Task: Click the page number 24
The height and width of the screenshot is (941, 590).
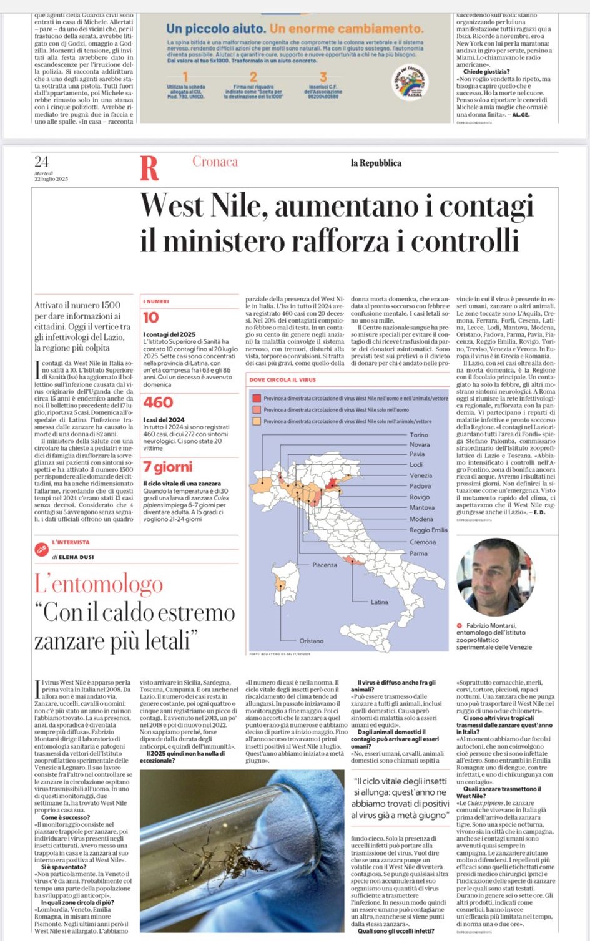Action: pyautogui.click(x=41, y=162)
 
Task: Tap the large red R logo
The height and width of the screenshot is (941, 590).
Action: pyautogui.click(x=149, y=168)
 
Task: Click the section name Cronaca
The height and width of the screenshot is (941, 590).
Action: pyautogui.click(x=215, y=162)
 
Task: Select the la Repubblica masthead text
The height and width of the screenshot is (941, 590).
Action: pyautogui.click(x=376, y=163)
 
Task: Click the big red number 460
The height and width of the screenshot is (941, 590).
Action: pyautogui.click(x=158, y=402)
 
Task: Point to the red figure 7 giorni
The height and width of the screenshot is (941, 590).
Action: pyautogui.click(x=167, y=467)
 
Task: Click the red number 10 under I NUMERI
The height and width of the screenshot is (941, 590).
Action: pyautogui.click(x=151, y=318)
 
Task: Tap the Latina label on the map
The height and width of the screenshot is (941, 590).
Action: pyautogui.click(x=379, y=602)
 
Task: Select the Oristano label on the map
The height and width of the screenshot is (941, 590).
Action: pyautogui.click(x=311, y=641)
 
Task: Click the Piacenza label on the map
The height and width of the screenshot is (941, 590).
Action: pyautogui.click(x=325, y=565)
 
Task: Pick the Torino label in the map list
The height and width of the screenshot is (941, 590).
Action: pyautogui.click(x=419, y=435)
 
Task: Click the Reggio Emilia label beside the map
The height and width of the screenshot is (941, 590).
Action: pyautogui.click(x=428, y=530)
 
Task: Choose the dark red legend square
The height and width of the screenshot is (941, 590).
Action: pyautogui.click(x=256, y=398)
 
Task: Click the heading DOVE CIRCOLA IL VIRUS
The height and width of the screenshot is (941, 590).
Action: pyautogui.click(x=282, y=379)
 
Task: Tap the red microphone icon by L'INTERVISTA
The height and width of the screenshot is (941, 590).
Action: pyautogui.click(x=42, y=549)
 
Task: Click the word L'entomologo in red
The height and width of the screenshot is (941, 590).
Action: pyautogui.click(x=99, y=584)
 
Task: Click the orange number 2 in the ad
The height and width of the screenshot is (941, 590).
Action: pyautogui.click(x=253, y=77)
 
